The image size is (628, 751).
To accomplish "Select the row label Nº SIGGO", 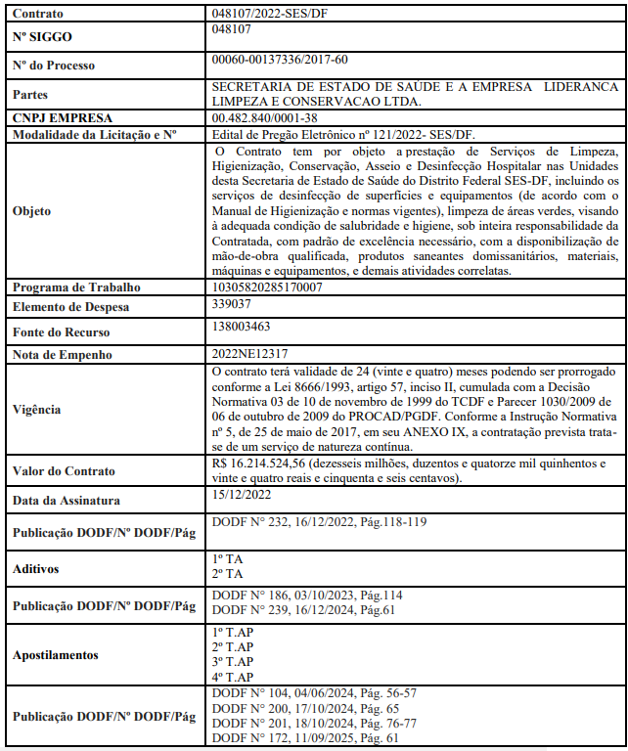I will click(42, 37).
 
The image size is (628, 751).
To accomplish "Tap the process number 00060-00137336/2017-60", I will click(279, 61).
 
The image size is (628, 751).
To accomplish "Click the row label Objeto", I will click(32, 210).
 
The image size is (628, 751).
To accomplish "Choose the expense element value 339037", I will click(232, 304).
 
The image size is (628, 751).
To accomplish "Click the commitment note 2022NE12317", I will click(249, 354).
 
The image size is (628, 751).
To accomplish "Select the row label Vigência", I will click(38, 411).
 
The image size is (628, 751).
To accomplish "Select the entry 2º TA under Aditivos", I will click(227, 572).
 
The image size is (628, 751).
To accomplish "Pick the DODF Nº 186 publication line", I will click(307, 595).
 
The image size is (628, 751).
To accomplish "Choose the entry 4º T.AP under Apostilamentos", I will click(232, 678).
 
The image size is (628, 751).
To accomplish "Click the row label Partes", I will click(30, 95).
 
